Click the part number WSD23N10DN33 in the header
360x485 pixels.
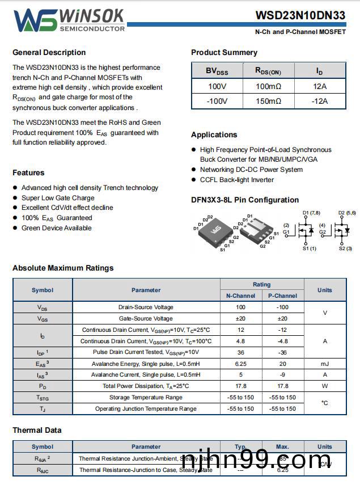(x=300, y=15)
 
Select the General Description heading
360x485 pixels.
(x=49, y=53)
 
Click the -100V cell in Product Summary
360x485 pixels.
(x=217, y=101)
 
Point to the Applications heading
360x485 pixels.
(x=214, y=135)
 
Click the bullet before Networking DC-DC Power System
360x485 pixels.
(x=194, y=170)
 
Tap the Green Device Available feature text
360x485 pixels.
(x=56, y=228)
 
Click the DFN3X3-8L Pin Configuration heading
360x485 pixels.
(x=245, y=200)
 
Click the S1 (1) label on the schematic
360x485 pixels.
(x=310, y=248)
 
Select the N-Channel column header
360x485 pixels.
(x=241, y=296)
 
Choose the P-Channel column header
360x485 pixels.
(x=282, y=296)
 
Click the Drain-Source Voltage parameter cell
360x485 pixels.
(x=146, y=307)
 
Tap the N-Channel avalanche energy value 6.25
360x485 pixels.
(x=241, y=364)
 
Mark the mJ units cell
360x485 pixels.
(x=325, y=364)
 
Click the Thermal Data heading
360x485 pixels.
(x=37, y=431)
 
